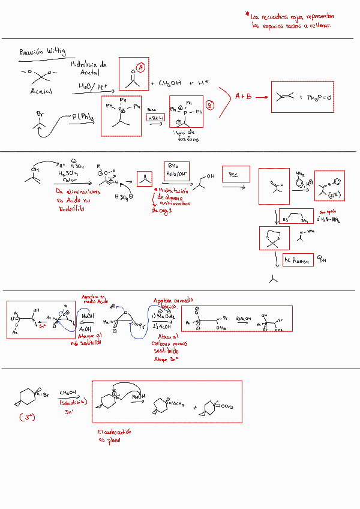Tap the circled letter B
pos(209,104)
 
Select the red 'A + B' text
pos(243,96)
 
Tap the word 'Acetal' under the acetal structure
pos(41,91)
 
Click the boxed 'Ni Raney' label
pos(296,261)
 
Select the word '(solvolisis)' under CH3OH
pos(74,402)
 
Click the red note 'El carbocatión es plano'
pos(115,435)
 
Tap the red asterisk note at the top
pos(291,20)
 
